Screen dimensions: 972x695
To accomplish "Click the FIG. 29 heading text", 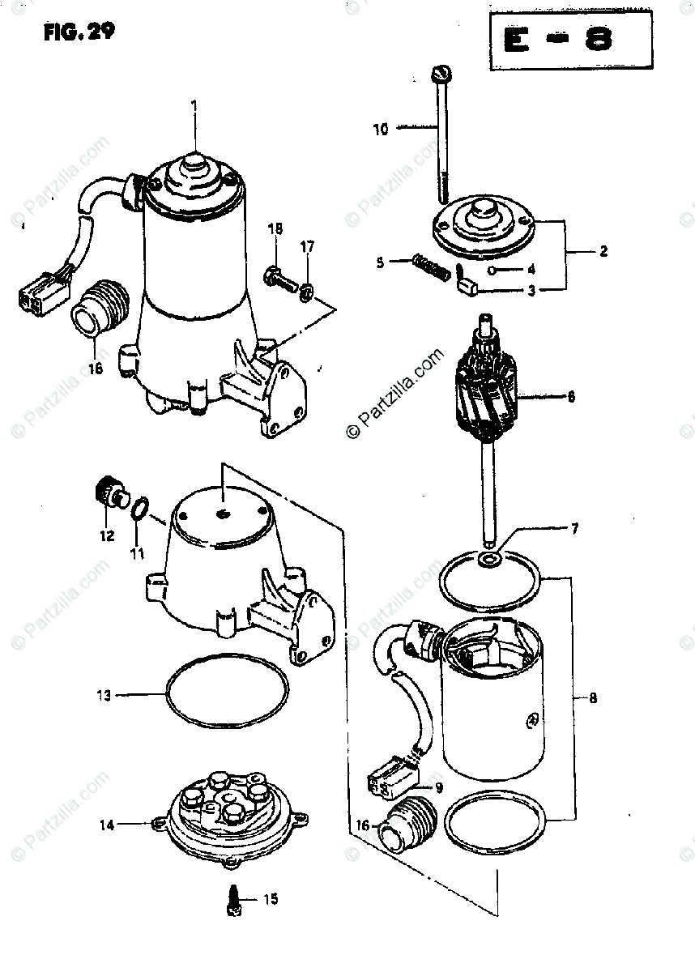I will [x=78, y=32].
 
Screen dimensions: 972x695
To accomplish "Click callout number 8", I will [x=593, y=697].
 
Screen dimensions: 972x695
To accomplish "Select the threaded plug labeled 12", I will [x=107, y=492].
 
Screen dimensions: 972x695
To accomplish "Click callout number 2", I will [x=603, y=252].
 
